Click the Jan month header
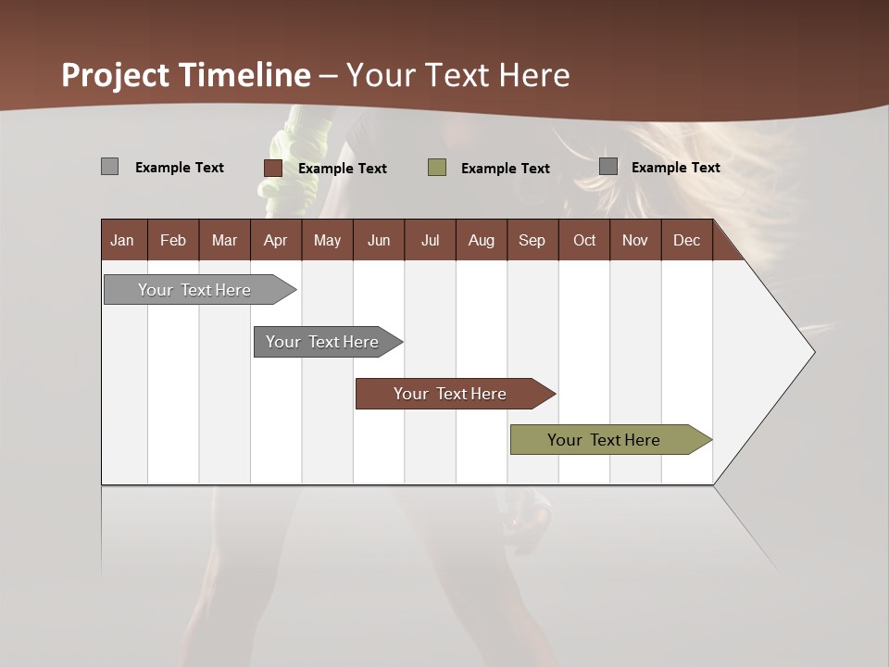[x=122, y=240]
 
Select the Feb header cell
[x=173, y=240]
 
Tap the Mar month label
[x=224, y=240]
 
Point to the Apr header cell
[x=275, y=240]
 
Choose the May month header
[x=327, y=240]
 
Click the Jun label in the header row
[x=379, y=240]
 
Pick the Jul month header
[x=430, y=240]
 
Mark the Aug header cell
[x=481, y=240]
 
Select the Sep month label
[x=532, y=240]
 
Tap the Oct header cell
[x=584, y=240]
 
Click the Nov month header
[x=635, y=240]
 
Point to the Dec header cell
[x=686, y=240]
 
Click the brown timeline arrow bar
[x=451, y=394]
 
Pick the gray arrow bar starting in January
[x=195, y=290]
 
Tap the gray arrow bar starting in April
[x=323, y=342]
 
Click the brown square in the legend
[x=272, y=168]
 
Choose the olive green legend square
[x=437, y=168]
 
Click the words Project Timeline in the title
[x=186, y=75]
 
